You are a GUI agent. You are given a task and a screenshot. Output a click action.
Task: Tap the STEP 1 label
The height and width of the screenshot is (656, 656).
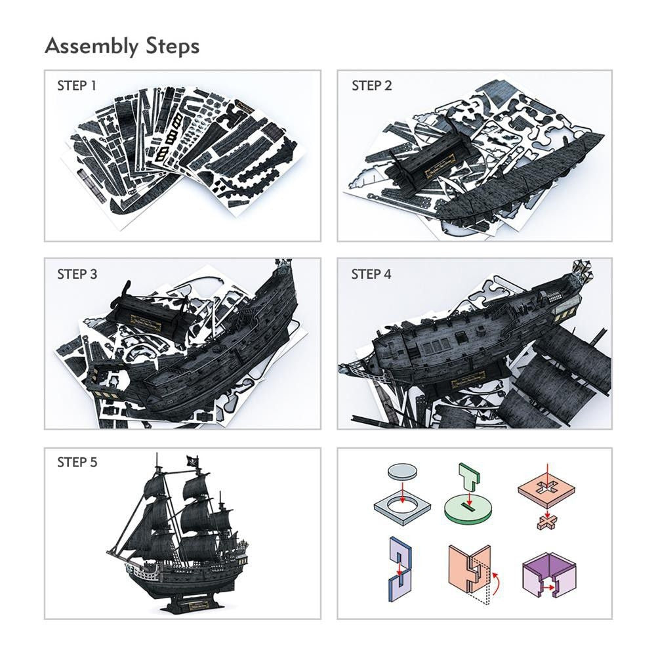pyautogui.click(x=77, y=85)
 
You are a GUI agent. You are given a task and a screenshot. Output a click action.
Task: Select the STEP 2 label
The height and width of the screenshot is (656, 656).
pyautogui.click(x=371, y=85)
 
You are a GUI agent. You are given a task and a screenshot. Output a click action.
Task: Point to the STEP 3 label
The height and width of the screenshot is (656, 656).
pyautogui.click(x=77, y=274)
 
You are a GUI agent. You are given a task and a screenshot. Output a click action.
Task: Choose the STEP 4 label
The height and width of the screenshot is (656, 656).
pyautogui.click(x=371, y=274)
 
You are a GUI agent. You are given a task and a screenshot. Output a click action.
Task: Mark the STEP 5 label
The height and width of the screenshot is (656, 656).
pyautogui.click(x=77, y=462)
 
